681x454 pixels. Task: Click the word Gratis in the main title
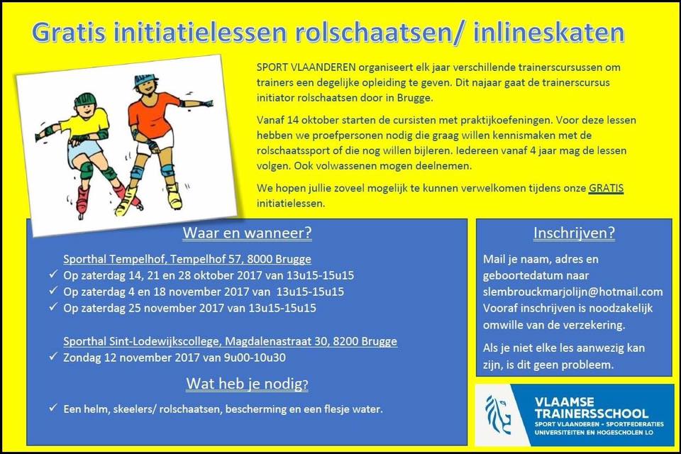point(69,33)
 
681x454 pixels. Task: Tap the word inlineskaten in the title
point(549,32)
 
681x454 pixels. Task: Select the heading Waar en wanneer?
point(247,233)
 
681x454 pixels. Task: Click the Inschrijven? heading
point(574,233)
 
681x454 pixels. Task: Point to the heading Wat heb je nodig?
point(247,384)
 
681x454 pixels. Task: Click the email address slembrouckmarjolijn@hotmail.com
point(573,292)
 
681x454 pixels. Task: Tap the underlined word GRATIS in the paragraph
point(607,188)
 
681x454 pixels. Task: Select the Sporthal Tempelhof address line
point(187,259)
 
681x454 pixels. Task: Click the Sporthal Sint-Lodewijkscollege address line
point(230,341)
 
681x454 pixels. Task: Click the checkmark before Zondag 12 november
point(53,357)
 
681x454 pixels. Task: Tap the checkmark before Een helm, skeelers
point(53,408)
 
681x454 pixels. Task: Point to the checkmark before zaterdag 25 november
point(53,307)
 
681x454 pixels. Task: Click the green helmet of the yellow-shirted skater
point(85,99)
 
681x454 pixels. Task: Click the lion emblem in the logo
point(498,415)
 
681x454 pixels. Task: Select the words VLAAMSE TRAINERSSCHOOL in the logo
point(591,407)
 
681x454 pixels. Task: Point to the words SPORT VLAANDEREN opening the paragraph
point(306,67)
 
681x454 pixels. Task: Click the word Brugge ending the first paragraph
point(415,98)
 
